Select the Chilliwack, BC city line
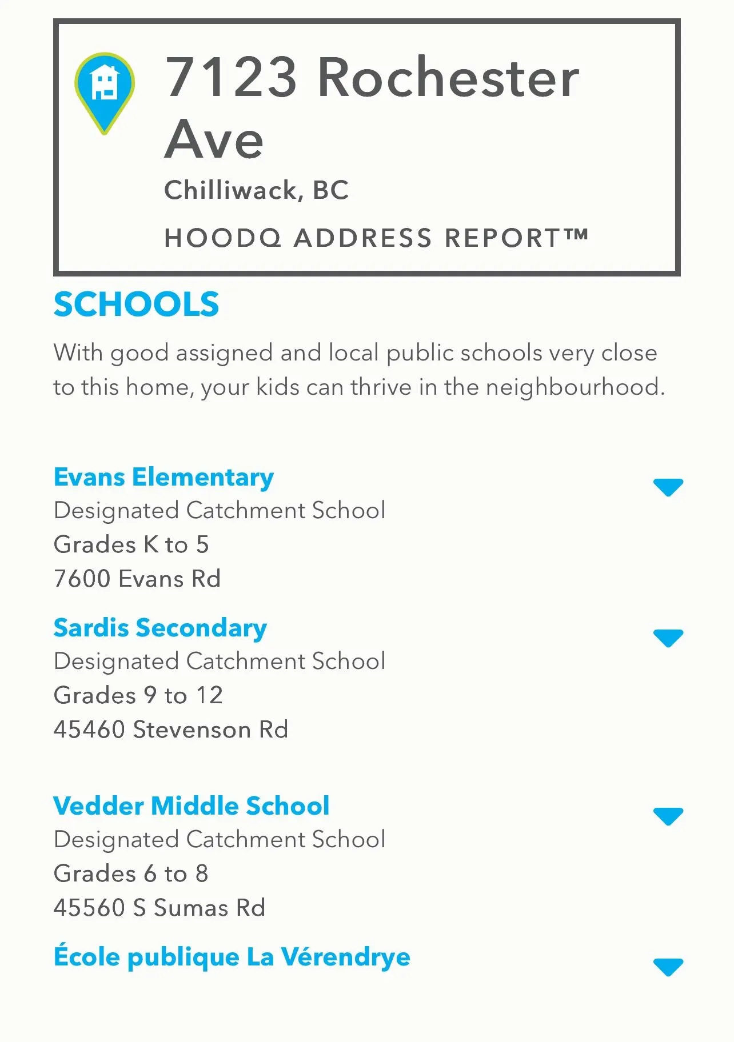pyautogui.click(x=256, y=190)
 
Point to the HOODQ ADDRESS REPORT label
pyautogui.click(x=376, y=238)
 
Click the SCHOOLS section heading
pyautogui.click(x=137, y=304)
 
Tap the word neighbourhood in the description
pyautogui.click(x=575, y=387)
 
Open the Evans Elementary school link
pyautogui.click(x=163, y=477)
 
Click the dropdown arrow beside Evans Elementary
pyautogui.click(x=668, y=487)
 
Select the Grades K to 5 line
pyautogui.click(x=131, y=544)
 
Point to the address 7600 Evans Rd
pyautogui.click(x=137, y=579)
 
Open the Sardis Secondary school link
pyautogui.click(x=160, y=628)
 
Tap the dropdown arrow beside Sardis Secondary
pyautogui.click(x=668, y=638)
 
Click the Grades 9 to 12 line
pyautogui.click(x=138, y=695)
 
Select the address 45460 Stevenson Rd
pyautogui.click(x=171, y=730)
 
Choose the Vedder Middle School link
pyautogui.click(x=192, y=806)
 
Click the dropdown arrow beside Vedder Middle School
pyautogui.click(x=668, y=816)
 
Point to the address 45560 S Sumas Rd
pyautogui.click(x=159, y=908)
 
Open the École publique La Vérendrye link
pyautogui.click(x=232, y=957)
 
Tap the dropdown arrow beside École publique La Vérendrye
pyautogui.click(x=668, y=967)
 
